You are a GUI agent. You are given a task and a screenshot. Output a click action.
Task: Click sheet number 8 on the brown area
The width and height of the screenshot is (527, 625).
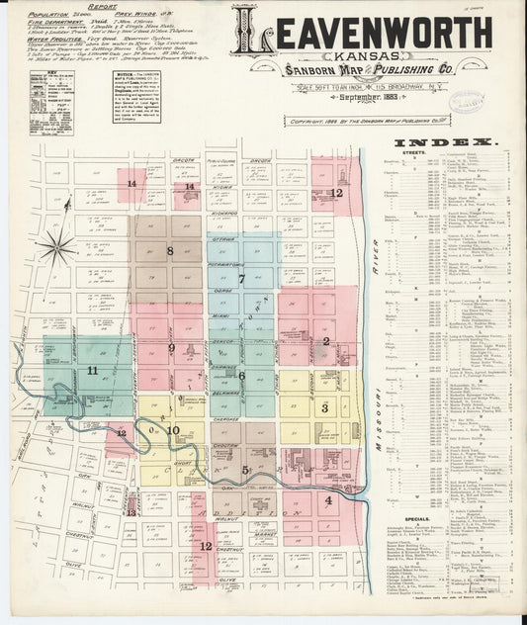[x=170, y=251]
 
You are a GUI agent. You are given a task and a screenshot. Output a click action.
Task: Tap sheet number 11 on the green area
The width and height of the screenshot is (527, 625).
[x=92, y=370]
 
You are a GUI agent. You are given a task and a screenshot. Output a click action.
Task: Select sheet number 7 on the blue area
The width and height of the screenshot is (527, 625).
[x=240, y=279]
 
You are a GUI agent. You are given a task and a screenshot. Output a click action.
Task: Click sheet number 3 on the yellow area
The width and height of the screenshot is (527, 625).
[x=324, y=407]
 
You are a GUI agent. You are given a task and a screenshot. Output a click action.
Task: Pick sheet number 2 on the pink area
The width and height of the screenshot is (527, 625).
[x=325, y=341]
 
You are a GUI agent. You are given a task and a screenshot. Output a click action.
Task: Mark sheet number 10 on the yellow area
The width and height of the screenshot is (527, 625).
[x=172, y=430]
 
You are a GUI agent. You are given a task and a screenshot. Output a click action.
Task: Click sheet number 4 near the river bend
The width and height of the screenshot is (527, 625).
[x=328, y=499]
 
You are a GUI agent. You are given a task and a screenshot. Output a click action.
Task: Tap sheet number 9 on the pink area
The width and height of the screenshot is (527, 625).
[x=171, y=348]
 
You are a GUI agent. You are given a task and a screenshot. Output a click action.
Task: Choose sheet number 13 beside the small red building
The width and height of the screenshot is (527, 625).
[x=131, y=512]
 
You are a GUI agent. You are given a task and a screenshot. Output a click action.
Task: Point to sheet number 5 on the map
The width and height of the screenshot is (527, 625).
[x=244, y=470]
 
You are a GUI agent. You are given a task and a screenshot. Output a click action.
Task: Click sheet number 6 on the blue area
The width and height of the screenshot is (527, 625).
[x=240, y=375]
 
